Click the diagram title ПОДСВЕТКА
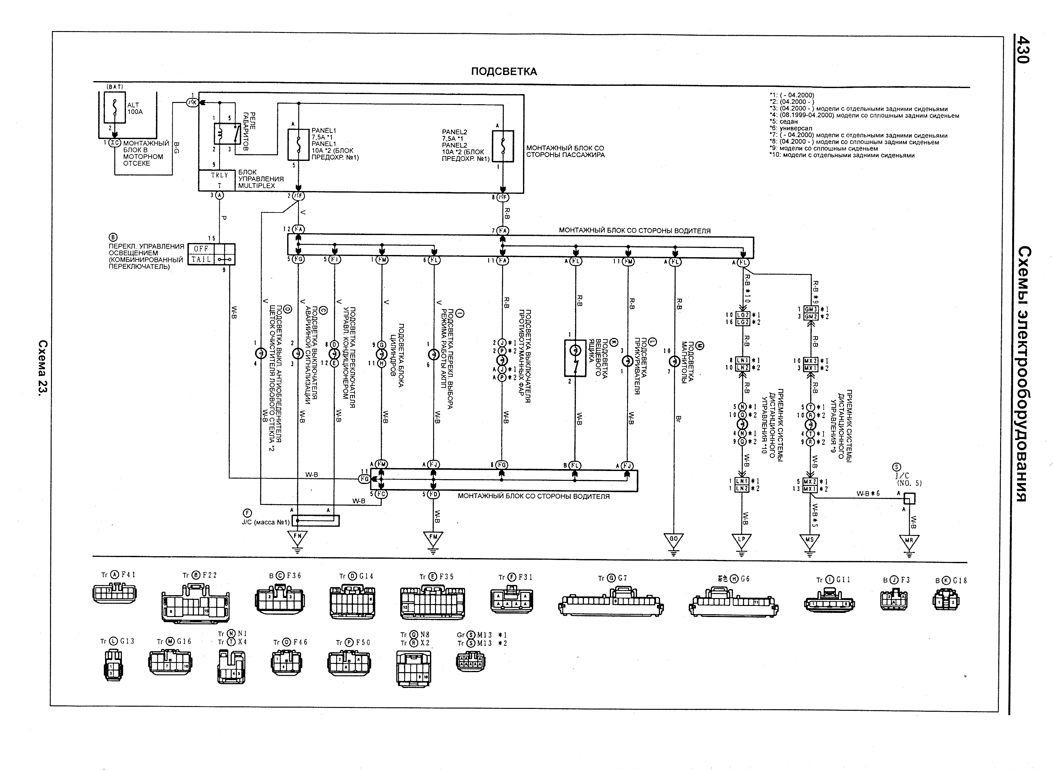[x=504, y=71]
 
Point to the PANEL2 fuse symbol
[x=503, y=146]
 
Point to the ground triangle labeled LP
[x=742, y=540]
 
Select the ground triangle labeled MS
[x=810, y=541]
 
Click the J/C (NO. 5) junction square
[x=910, y=498]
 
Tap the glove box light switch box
[x=576, y=358]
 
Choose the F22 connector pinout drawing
[x=195, y=606]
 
